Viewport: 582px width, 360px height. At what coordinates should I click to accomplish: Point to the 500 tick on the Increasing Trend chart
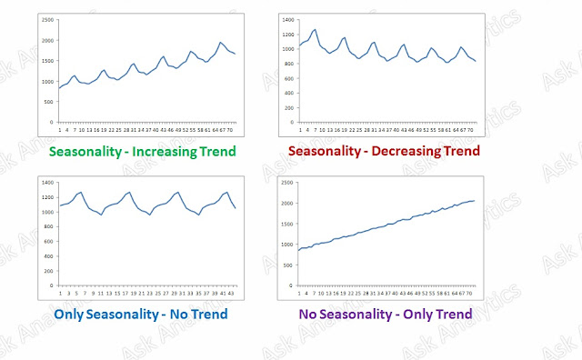point(47,102)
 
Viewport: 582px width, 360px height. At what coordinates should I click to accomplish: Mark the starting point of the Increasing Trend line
point(59,88)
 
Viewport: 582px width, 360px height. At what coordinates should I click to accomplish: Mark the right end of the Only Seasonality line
point(236,208)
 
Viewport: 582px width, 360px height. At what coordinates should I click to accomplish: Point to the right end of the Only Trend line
point(474,201)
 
